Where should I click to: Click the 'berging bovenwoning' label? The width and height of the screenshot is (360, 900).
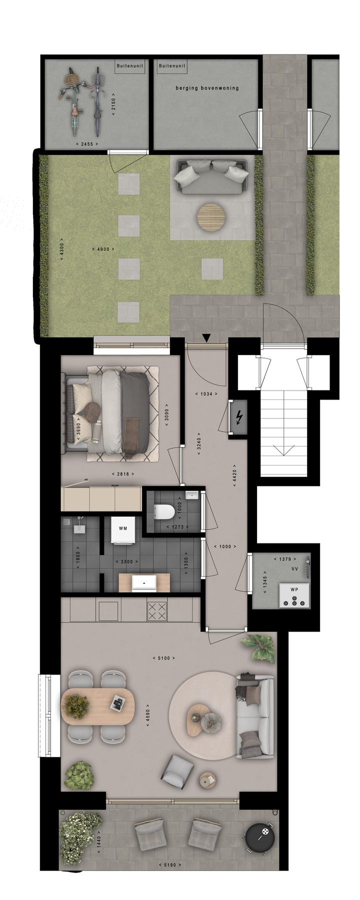coord(207,88)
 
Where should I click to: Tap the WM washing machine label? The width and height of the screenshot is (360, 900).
coord(122,528)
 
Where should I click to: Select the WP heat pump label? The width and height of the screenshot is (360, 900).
coord(294,589)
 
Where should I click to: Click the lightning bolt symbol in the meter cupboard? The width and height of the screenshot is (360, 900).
coord(239,416)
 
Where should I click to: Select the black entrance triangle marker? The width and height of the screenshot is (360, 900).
coord(206,338)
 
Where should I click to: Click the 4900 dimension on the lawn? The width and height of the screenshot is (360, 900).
coord(103,249)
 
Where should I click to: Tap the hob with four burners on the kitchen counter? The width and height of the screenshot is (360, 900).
coord(158,609)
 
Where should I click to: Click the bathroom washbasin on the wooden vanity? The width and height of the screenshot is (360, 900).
coord(144,582)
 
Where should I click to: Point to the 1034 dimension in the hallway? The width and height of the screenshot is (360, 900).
coord(206,393)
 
